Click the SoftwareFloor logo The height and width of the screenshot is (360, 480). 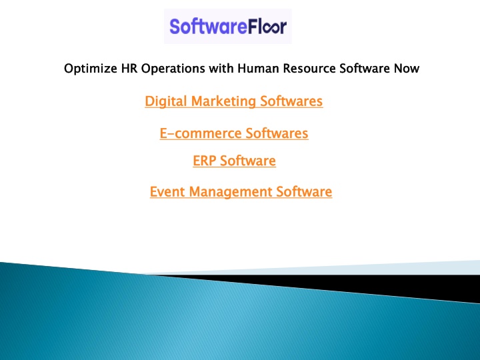tap(228, 26)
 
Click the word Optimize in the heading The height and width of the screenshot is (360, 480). tap(90, 69)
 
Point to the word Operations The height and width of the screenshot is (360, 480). tap(173, 69)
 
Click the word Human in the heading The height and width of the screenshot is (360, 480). tap(258, 68)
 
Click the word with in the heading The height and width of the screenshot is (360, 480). tap(221, 68)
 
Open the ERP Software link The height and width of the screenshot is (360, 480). tap(234, 161)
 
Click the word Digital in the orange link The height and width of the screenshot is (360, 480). tap(165, 101)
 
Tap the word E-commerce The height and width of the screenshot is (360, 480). tap(201, 133)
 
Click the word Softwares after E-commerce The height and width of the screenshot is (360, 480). tap(277, 133)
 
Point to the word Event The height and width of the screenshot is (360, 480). tap(167, 192)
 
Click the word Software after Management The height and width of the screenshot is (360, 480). tap(304, 191)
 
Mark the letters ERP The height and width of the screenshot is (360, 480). tap(204, 161)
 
